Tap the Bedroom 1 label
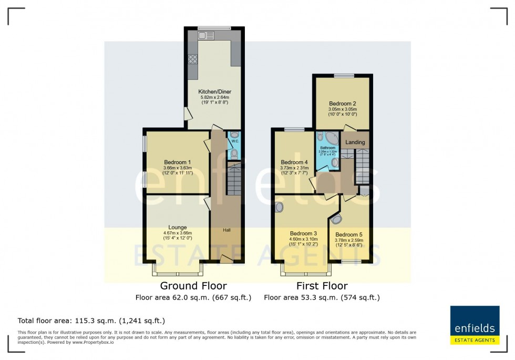[177, 162]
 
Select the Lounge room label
[178, 227]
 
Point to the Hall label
[226, 230]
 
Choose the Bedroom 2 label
[343, 104]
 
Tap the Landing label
[355, 142]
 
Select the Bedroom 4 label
[294, 162]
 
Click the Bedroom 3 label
[303, 233]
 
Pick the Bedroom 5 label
[349, 234]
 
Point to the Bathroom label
[327, 148]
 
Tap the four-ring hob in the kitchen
[193, 59]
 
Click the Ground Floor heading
[193, 286]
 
